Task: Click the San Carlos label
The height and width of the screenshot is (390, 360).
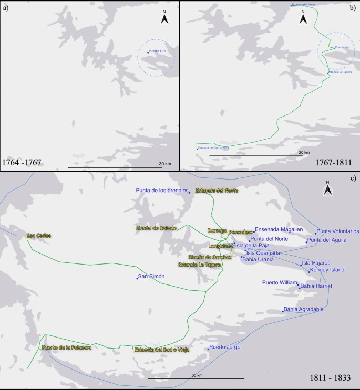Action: tap(38, 236)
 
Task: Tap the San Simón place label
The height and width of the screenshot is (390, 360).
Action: tap(152, 276)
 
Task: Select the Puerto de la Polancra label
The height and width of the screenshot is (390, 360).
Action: tap(67, 347)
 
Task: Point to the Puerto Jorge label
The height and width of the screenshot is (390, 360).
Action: tap(225, 347)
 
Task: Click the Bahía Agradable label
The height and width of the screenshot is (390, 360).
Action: tap(304, 309)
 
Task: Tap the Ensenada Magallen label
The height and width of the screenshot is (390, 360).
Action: tap(279, 230)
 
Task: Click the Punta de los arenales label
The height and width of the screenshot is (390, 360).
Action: tap(161, 190)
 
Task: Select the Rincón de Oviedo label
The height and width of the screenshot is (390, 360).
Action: tap(155, 227)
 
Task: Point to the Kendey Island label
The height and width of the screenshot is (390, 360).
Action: tap(327, 270)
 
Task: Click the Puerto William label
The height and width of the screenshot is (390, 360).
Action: tap(280, 282)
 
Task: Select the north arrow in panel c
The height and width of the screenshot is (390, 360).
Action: tap(327, 189)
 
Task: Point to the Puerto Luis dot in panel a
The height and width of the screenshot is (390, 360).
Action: tap(148, 52)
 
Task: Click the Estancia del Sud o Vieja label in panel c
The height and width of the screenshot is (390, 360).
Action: tap(161, 349)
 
